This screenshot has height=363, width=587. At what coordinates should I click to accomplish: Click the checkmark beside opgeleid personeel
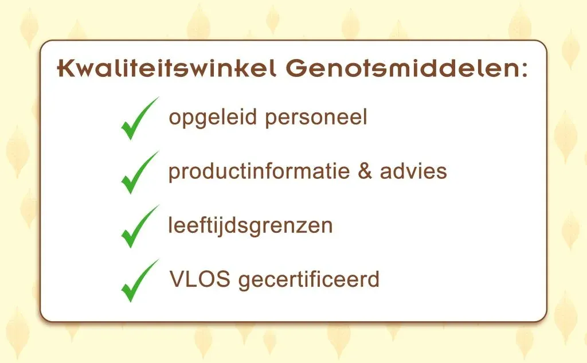click(139, 119)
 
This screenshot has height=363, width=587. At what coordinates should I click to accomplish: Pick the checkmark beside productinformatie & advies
click(139, 173)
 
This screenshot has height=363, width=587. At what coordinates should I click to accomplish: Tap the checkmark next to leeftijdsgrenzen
click(139, 227)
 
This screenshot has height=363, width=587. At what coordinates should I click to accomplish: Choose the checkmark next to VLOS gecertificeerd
click(139, 281)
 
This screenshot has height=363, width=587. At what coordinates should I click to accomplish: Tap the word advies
click(413, 171)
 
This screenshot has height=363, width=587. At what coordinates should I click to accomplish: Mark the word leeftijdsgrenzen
click(250, 226)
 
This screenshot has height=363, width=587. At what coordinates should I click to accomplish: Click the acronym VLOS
click(200, 280)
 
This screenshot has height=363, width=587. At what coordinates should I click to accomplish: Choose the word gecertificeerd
click(309, 280)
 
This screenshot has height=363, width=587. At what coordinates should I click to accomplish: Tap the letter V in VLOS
click(177, 280)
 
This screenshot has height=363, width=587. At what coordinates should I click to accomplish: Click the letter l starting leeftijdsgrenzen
click(170, 225)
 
